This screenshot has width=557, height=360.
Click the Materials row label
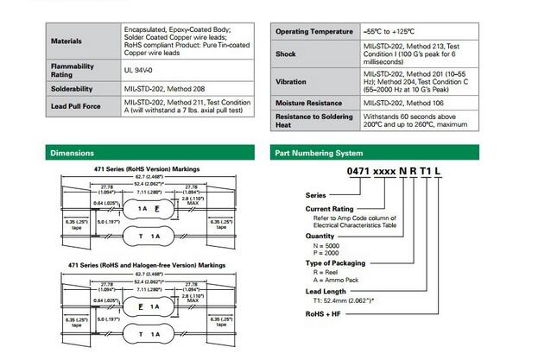pos(66,41)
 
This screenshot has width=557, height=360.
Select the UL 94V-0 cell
pos(142,67)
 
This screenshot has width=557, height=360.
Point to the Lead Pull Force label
pos(76,107)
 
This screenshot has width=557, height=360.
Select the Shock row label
pos(285,54)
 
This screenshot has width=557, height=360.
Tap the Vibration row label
pos(291,83)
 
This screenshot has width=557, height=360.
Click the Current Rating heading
pos(332,209)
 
